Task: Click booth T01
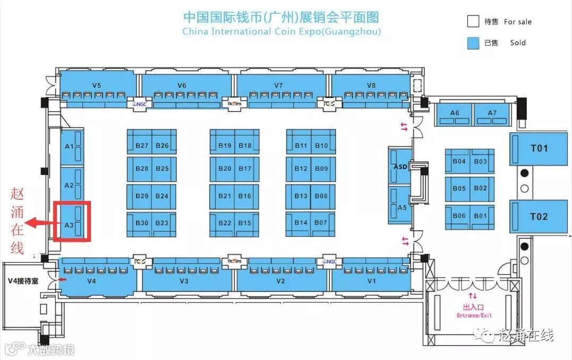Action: tap(539, 148)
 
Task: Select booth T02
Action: tap(539, 216)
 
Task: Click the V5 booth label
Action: tap(96, 85)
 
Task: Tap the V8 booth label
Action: tap(371, 85)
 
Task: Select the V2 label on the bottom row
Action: tap(281, 281)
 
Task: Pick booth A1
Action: tap(69, 146)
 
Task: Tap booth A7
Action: tap(492, 113)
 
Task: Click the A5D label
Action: tap(400, 166)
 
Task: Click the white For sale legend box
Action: tap(473, 22)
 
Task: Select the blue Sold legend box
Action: tap(473, 43)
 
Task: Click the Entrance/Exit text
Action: tap(474, 315)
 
